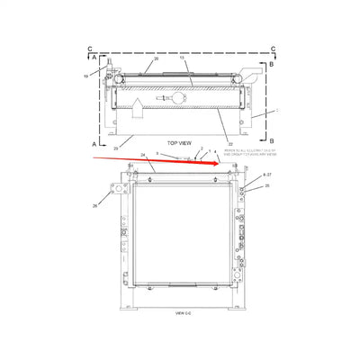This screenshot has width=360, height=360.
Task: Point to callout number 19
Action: tap(86, 76)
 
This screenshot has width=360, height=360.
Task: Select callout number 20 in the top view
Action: tap(156, 58)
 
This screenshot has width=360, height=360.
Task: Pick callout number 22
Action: tap(230, 143)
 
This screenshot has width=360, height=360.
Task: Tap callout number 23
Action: tap(115, 147)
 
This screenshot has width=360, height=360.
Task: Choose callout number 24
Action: tap(143, 156)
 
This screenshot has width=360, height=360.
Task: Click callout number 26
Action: tap(95, 205)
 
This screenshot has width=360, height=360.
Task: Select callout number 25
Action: tap(266, 185)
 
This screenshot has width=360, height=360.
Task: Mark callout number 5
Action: tap(159, 154)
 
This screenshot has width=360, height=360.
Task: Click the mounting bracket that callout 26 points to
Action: tap(115, 191)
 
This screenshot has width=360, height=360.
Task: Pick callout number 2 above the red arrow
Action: tap(202, 148)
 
